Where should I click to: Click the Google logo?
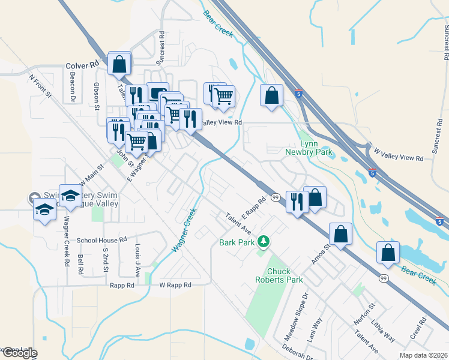tap(20, 353)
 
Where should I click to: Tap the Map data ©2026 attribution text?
tap(424, 355)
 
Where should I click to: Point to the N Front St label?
tap(41, 86)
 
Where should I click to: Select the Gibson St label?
tap(96, 97)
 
